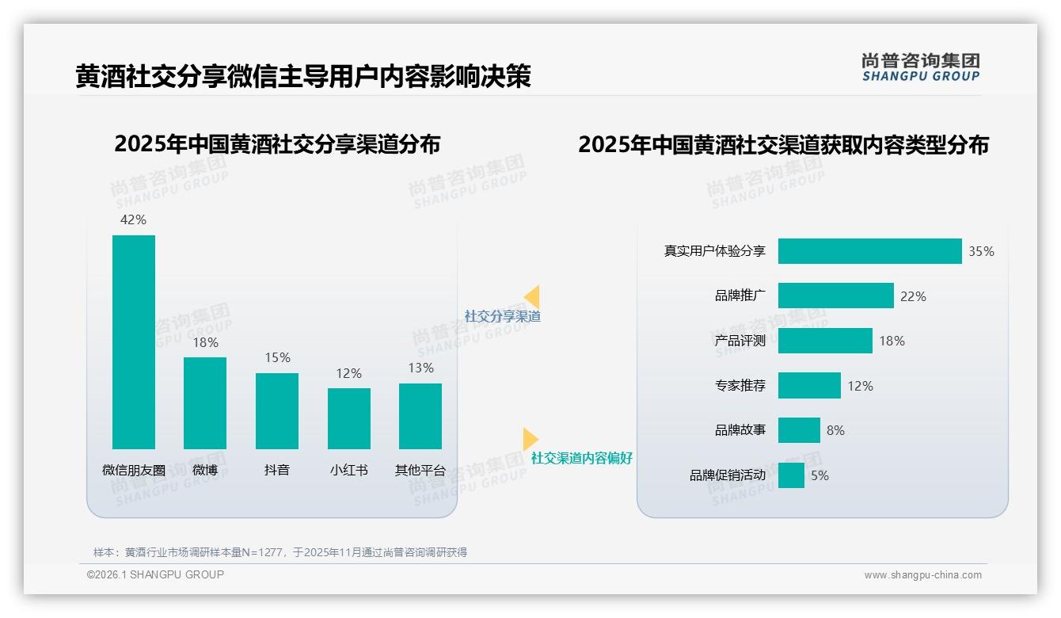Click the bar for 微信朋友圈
134,341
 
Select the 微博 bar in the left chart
205,402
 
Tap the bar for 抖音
277,410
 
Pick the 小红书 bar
349,418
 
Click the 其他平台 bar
420,416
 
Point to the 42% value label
133,219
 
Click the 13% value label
420,368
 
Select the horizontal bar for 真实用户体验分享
869,251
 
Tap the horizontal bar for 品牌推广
835,296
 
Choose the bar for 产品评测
825,341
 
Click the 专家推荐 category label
740,386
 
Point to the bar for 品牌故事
799,430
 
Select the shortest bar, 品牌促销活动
791,475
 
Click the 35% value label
981,251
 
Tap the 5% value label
820,475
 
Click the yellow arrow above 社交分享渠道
532,296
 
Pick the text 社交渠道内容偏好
582,458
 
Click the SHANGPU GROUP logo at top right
920,67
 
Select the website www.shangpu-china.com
922,575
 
